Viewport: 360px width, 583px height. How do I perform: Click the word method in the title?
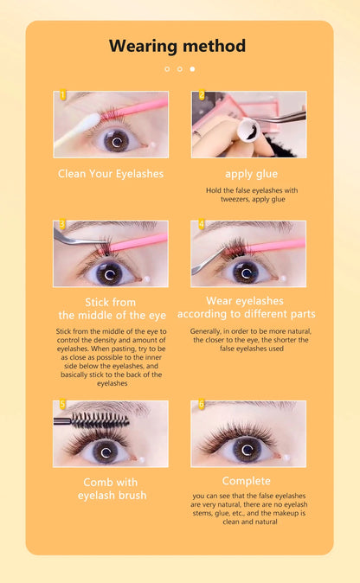pyautogui.click(x=214, y=46)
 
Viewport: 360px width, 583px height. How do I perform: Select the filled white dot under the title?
pyautogui.click(x=192, y=68)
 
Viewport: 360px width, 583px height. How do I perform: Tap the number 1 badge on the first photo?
pyautogui.click(x=62, y=96)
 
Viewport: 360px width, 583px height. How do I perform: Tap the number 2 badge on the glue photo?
pyautogui.click(x=201, y=96)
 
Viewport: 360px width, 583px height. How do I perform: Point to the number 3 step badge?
pyautogui.click(x=62, y=225)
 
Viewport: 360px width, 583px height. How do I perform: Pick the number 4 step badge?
pyautogui.click(x=201, y=225)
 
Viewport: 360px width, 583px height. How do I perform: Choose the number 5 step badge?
pyautogui.click(x=62, y=405)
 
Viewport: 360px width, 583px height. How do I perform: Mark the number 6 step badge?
pyautogui.click(x=201, y=405)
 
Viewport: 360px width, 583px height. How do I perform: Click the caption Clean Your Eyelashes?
pyautogui.click(x=111, y=174)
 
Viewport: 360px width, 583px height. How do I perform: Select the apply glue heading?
pyautogui.click(x=251, y=174)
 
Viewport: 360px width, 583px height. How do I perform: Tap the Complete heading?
pyautogui.click(x=247, y=480)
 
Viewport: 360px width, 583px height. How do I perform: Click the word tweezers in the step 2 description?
pyautogui.click(x=228, y=199)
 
